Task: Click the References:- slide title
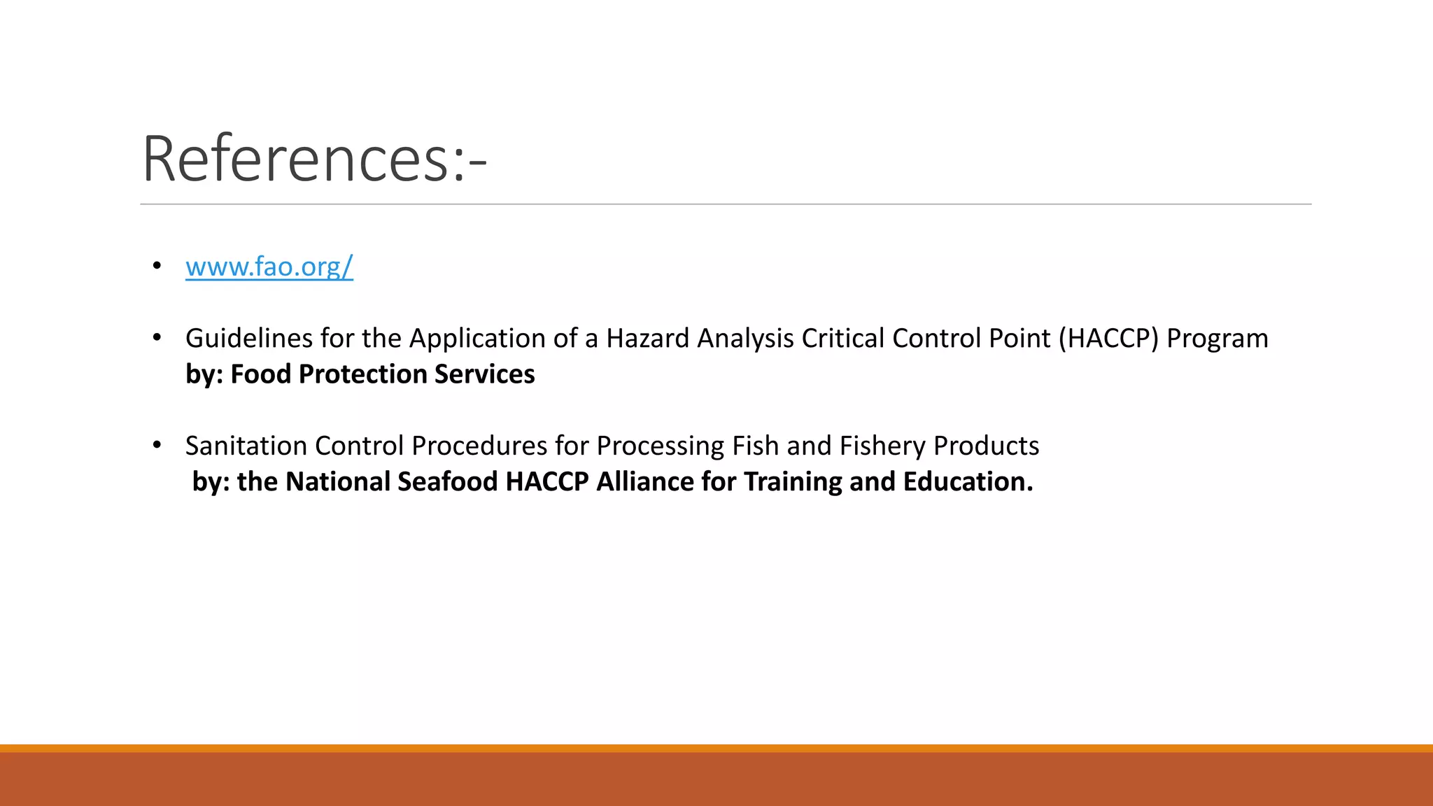[314, 160]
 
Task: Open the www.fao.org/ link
[269, 267]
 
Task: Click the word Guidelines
[248, 339]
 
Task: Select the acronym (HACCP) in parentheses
[1108, 339]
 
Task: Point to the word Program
[1217, 339]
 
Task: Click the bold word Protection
[362, 374]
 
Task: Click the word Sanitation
[246, 446]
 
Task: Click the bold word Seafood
[447, 482]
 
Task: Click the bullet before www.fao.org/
[157, 266]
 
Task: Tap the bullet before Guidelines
[157, 338]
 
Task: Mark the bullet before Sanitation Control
[157, 445]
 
